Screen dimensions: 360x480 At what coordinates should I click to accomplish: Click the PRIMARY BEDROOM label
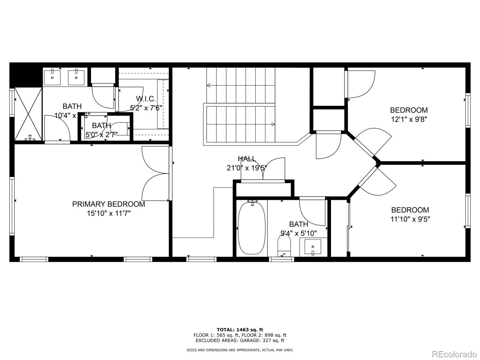click(x=109, y=204)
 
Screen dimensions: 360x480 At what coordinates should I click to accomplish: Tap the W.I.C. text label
click(x=146, y=99)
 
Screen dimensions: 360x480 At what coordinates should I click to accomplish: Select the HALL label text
click(x=247, y=159)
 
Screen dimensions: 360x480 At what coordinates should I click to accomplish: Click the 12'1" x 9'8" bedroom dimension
click(x=409, y=119)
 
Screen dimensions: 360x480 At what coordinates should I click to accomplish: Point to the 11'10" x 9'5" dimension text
click(x=410, y=219)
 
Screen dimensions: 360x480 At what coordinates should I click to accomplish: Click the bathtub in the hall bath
click(x=252, y=228)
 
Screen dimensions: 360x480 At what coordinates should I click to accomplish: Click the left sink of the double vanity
click(x=52, y=77)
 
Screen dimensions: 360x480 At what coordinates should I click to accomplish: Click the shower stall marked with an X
click(x=28, y=113)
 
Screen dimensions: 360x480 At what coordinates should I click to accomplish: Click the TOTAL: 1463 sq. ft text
click(x=240, y=330)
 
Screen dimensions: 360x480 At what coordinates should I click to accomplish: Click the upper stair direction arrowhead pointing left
click(x=208, y=86)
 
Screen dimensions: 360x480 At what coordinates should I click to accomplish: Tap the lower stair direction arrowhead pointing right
click(x=273, y=124)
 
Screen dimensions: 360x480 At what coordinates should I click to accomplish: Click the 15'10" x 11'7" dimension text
click(x=109, y=213)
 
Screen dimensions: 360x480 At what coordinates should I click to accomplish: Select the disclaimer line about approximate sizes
click(x=240, y=350)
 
